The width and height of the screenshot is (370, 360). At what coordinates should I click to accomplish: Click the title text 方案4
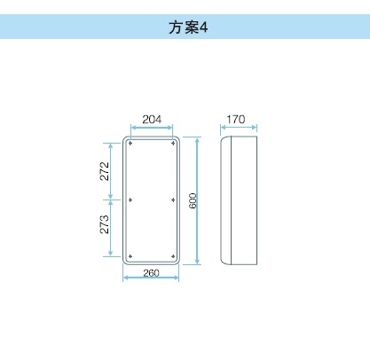pos(188,27)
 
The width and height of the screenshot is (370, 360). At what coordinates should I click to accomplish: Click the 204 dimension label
pos(152,120)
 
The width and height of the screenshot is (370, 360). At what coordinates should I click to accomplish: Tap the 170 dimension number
pos(236,120)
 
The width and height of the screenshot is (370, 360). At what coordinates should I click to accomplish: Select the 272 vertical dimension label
pos(105,171)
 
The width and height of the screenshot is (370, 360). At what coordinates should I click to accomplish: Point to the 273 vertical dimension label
pos(105,224)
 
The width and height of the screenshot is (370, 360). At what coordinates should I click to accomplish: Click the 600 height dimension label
pos(193,200)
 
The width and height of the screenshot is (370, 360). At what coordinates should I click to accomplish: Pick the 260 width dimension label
pos(151,273)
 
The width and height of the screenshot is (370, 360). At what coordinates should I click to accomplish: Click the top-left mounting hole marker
pos(130,144)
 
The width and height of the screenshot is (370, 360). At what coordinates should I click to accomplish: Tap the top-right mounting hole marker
pos(173,144)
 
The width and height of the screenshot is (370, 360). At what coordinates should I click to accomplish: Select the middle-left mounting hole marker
pos(130,200)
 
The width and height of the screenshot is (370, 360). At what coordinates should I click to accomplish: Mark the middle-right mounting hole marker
pos(173,200)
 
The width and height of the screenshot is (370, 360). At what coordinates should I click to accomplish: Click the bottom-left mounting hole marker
pos(130,256)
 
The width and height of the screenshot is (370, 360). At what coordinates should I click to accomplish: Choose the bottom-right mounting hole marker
pos(173,256)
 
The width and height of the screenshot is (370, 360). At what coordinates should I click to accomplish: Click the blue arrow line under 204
pos(152,128)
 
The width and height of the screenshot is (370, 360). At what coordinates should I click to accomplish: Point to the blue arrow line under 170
pos(239,128)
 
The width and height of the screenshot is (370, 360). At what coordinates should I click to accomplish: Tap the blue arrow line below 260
pos(151,278)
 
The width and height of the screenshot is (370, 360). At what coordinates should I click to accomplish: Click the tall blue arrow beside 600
pos(198,200)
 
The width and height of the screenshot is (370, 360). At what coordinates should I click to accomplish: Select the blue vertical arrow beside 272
pos(111,171)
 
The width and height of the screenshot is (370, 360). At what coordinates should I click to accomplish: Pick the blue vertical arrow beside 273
pos(111,228)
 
